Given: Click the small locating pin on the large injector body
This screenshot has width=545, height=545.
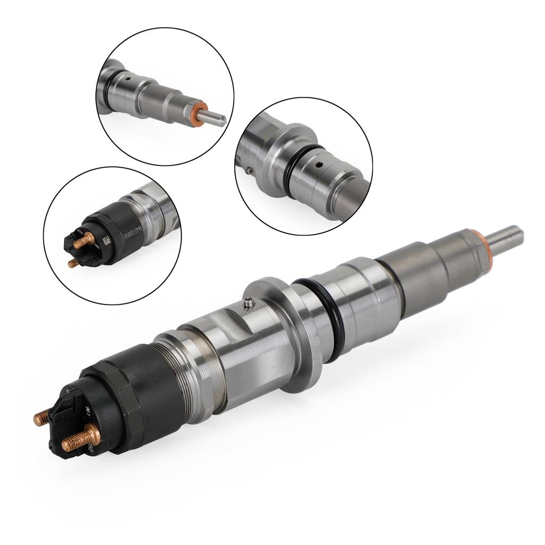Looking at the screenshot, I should click(x=249, y=302).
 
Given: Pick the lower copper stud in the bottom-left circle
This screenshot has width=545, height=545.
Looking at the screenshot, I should click(x=73, y=263).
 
